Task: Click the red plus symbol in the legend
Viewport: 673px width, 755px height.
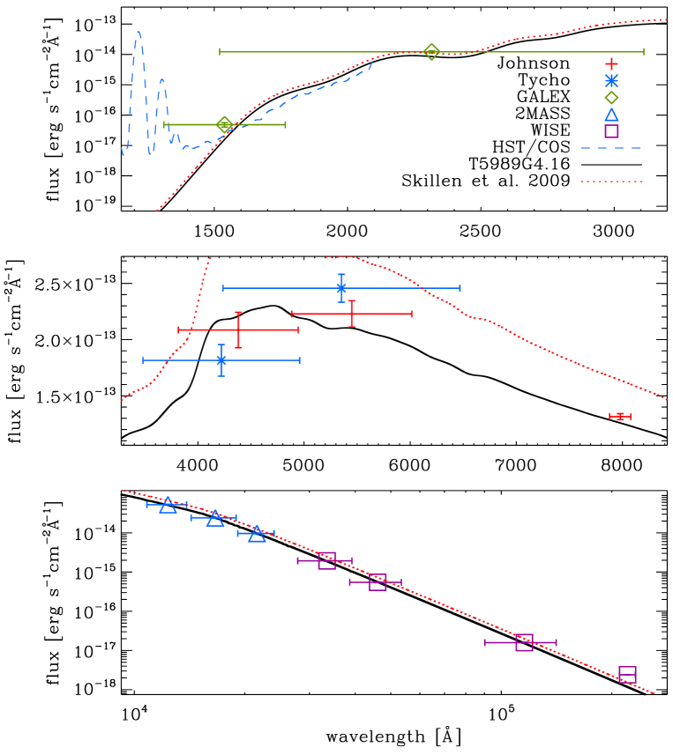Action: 611,63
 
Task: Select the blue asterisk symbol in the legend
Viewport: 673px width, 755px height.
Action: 611,80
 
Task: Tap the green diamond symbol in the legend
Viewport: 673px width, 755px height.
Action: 611,98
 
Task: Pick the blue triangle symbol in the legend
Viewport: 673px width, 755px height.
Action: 611,115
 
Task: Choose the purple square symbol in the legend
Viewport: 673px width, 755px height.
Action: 611,131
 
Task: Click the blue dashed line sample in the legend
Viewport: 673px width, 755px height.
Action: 610,148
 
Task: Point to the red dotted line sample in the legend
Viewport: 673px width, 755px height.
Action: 610,181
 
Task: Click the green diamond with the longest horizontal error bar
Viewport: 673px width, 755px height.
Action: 431,52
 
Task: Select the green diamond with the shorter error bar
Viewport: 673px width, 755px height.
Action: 224,124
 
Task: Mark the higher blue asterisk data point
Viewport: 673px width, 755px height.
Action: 341,288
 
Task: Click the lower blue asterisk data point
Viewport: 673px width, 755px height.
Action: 221,360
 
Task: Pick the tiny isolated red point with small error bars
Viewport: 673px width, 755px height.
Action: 619,416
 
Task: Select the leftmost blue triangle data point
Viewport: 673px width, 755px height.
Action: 168,505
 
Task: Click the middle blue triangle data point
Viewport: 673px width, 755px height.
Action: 215,518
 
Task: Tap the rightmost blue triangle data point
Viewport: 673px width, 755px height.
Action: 257,533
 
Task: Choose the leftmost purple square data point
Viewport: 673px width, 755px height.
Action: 327,560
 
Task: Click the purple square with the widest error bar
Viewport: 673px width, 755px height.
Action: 524,642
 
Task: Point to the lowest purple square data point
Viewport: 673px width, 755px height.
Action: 627,675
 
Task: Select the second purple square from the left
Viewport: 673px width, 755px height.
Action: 378,582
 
